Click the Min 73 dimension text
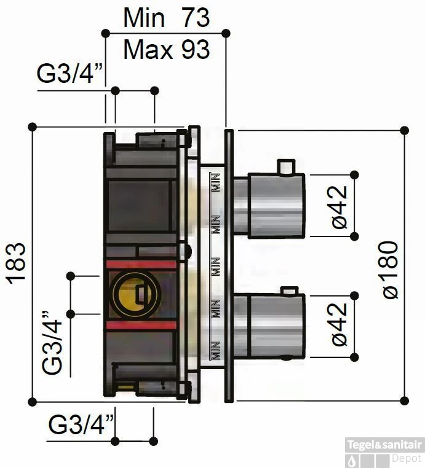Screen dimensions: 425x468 (x=167, y=18)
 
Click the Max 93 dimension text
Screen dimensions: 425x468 (x=167, y=50)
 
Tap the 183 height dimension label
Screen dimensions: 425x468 (x=17, y=263)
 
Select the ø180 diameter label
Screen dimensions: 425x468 (x=390, y=270)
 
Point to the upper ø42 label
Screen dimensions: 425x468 (x=340, y=207)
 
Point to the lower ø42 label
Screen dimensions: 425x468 (x=340, y=324)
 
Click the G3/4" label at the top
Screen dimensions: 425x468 (x=70, y=74)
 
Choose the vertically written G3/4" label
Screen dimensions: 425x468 (x=52, y=342)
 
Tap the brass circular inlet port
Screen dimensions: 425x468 (x=135, y=295)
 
